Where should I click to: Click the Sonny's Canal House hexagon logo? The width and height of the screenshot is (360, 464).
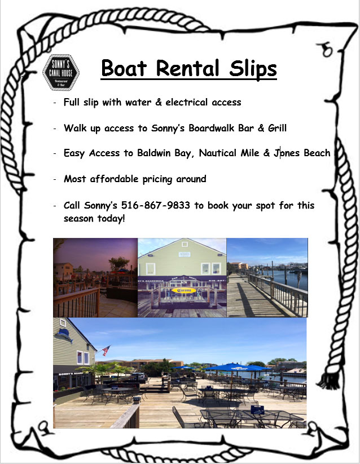(x=61, y=72)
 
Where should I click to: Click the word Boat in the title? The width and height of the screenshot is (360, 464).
(x=124, y=68)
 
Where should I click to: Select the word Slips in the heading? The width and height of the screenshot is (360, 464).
(x=253, y=69)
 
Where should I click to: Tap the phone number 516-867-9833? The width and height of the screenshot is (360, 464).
(x=155, y=205)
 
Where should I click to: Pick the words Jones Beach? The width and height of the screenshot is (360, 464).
(x=302, y=153)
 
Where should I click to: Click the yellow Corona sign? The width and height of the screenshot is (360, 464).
(x=183, y=290)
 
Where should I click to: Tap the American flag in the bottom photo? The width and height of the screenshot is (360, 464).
(x=106, y=351)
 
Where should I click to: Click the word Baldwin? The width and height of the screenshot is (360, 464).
(x=153, y=153)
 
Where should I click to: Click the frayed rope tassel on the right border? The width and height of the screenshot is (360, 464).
(x=327, y=381)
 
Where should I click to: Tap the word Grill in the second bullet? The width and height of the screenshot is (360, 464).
(x=277, y=128)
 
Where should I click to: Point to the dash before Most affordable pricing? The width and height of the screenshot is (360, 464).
(x=55, y=179)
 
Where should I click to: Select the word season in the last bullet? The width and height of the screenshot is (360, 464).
(x=78, y=219)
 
